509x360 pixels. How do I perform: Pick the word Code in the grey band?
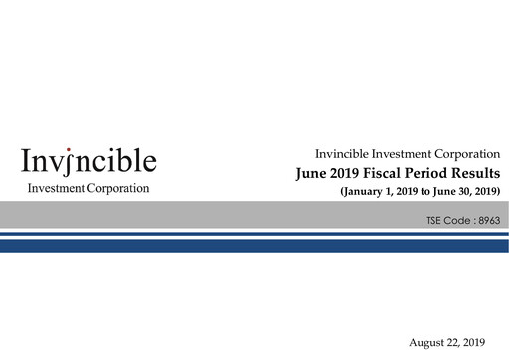pos(457,216)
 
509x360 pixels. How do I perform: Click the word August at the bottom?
pos(429,341)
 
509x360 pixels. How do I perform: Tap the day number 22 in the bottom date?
pos(459,341)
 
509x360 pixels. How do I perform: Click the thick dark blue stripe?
pos(254,245)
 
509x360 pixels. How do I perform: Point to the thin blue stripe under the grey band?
pos(254,234)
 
